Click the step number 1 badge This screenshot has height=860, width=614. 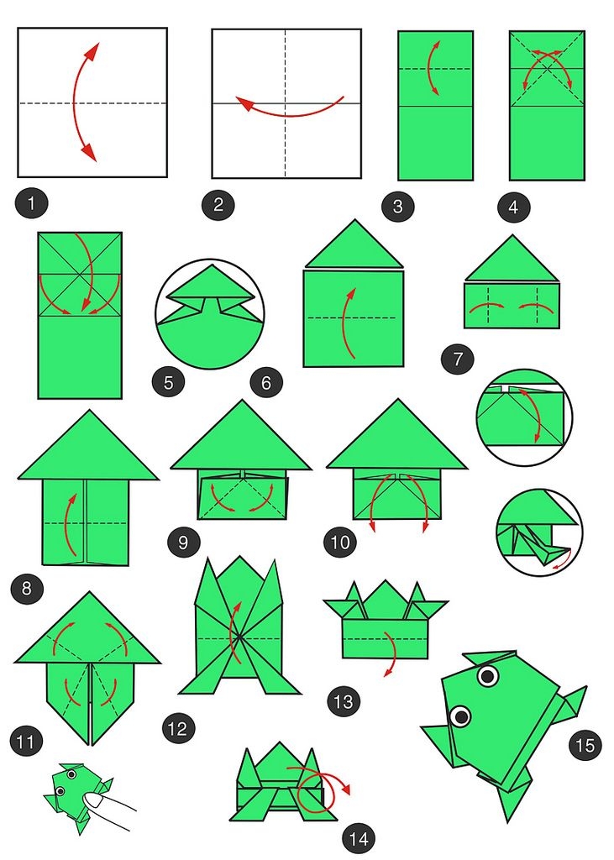pyautogui.click(x=31, y=204)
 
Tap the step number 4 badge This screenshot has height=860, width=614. pyautogui.click(x=513, y=207)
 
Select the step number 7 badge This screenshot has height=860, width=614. pyautogui.click(x=458, y=359)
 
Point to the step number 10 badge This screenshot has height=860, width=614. pyautogui.click(x=340, y=543)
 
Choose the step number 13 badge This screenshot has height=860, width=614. pyautogui.click(x=344, y=701)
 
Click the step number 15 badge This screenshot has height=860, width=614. pyautogui.click(x=585, y=746)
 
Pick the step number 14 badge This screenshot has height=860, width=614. pyautogui.click(x=359, y=839)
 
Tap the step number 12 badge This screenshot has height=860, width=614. pyautogui.click(x=178, y=729)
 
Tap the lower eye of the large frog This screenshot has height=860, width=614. pyautogui.click(x=460, y=716)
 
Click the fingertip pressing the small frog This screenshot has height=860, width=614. pyautogui.click(x=97, y=800)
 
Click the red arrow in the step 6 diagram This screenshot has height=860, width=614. pyautogui.click(x=344, y=323)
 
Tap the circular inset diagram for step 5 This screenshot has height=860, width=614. pyautogui.click(x=210, y=314)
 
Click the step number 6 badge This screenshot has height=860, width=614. pyautogui.click(x=266, y=382)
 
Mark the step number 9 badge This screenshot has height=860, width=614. pyautogui.click(x=184, y=543)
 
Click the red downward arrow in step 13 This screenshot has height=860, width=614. pyautogui.click(x=391, y=653)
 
